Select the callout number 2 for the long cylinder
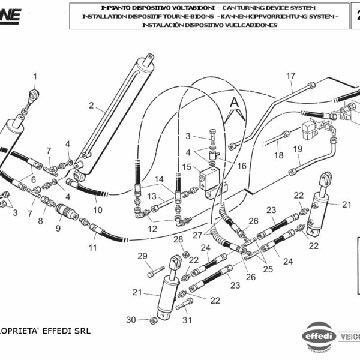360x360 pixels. (91, 106)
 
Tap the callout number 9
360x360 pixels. (58, 228)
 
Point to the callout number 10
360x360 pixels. (97, 210)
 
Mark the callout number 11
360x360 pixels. (93, 247)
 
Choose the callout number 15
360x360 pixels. (187, 166)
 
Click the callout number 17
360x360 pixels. (290, 76)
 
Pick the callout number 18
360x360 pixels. (279, 155)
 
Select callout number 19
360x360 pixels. (297, 149)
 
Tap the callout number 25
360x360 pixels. (267, 269)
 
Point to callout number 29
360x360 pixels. (142, 256)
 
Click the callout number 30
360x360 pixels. (131, 319)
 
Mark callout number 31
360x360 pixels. (187, 320)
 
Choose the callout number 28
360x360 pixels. (178, 239)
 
